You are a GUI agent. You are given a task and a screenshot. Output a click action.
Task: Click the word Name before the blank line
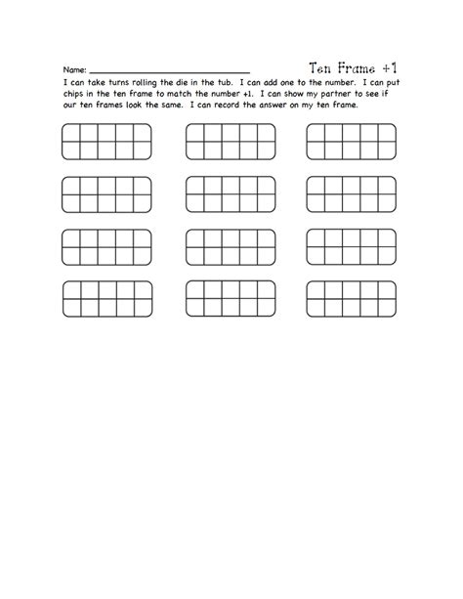point(74,71)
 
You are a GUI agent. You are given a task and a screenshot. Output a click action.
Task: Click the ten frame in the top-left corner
point(95,142)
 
